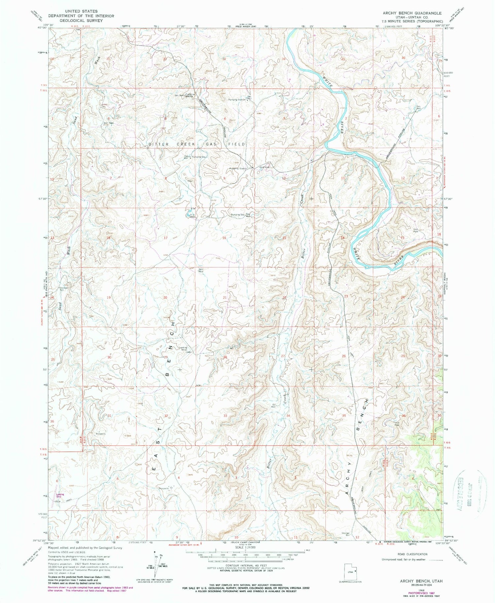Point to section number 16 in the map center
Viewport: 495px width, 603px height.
224,238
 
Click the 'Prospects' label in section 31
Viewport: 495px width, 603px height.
100,434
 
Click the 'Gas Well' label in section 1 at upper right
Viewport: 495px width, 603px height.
418,107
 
